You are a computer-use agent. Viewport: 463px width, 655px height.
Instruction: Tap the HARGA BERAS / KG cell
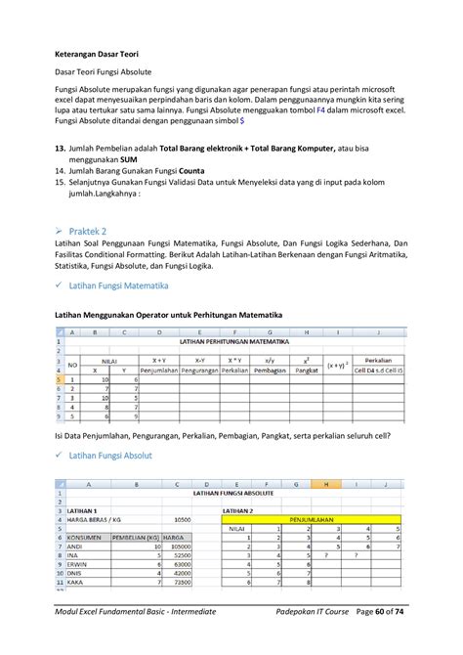97,519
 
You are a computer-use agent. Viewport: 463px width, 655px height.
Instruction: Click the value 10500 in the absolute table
181,519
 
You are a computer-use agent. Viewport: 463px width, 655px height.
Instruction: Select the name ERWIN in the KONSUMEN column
75,563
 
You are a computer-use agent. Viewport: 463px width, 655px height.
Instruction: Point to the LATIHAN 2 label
239,510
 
